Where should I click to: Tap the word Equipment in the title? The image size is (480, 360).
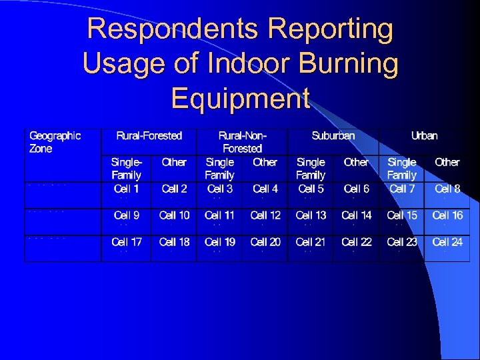[x=240, y=98]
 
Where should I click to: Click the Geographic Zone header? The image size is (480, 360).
[x=55, y=142]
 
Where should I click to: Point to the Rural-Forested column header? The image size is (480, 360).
[x=149, y=135]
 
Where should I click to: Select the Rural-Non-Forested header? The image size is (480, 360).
[x=242, y=142]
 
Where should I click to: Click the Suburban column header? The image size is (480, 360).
[x=333, y=135]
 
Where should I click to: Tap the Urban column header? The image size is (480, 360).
[x=424, y=135]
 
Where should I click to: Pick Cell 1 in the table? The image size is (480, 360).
[x=126, y=189]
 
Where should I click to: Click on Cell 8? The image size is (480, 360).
[x=447, y=189]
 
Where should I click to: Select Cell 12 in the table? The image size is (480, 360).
[x=265, y=215]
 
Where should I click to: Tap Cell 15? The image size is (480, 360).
[x=401, y=215]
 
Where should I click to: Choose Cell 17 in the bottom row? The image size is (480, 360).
[x=126, y=242]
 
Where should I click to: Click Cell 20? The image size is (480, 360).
[x=265, y=242]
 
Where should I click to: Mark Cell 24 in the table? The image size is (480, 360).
[x=447, y=242]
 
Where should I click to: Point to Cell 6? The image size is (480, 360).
[x=356, y=189]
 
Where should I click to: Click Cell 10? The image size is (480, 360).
[x=174, y=215]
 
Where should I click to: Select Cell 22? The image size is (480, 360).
[x=356, y=242]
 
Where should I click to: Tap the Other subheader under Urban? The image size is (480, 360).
[x=447, y=162]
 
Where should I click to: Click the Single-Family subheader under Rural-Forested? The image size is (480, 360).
[x=126, y=169]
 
